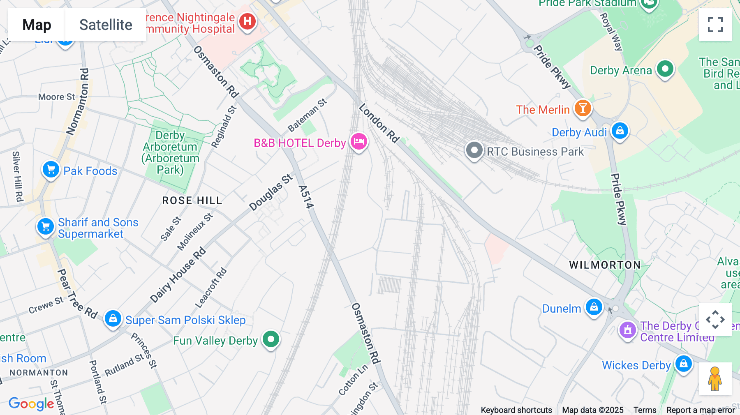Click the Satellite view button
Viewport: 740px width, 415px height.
106,25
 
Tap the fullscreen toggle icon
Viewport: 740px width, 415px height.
715,25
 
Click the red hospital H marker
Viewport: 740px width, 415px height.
247,21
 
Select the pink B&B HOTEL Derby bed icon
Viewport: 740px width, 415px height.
358,142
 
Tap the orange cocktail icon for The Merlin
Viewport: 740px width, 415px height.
583,108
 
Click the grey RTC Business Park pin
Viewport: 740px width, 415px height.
474,150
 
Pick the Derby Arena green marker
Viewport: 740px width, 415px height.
665,69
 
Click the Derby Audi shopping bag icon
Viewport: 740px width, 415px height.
620,131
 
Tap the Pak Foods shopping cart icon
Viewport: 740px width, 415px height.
51,169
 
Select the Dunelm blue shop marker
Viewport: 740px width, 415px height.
594,307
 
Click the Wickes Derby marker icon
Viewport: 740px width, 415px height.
683,364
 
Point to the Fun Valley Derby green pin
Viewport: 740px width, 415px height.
271,339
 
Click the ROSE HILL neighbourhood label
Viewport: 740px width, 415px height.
192,201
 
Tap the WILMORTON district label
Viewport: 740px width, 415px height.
605,265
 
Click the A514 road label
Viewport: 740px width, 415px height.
306,197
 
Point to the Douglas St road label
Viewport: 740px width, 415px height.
271,192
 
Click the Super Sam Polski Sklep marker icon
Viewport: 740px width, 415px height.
113,319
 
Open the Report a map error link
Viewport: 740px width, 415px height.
700,410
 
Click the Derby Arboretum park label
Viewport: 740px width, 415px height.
170,152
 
